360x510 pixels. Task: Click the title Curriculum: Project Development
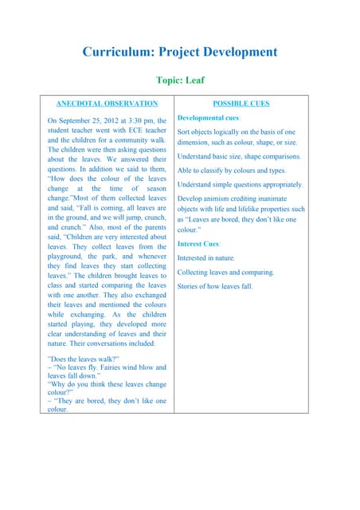pos(180,53)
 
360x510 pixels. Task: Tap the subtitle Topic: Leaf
pos(180,80)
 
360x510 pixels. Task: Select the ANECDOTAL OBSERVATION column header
pos(107,104)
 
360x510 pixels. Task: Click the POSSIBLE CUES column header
pos(241,104)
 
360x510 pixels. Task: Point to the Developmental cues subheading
pos(209,118)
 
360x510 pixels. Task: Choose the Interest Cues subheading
pos(198,243)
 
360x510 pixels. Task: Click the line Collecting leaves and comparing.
pos(225,272)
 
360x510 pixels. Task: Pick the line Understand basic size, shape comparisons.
pos(239,156)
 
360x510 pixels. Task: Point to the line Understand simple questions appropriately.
pos(240,184)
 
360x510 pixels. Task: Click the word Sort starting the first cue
pos(184,132)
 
